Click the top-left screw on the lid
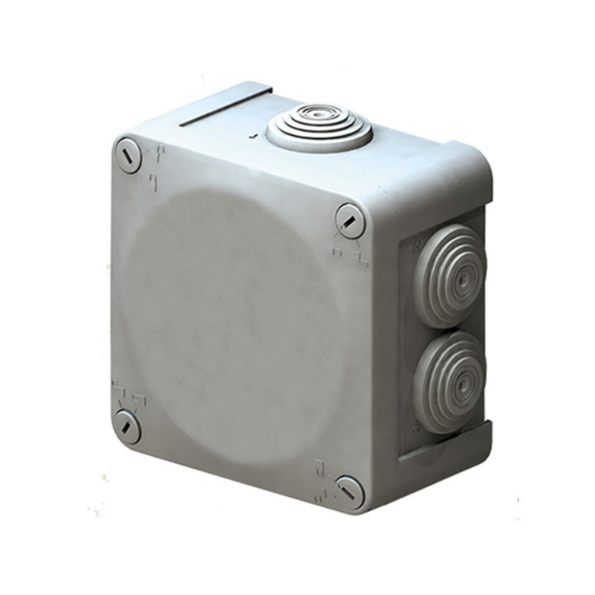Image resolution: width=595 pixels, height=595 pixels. [x=128, y=156]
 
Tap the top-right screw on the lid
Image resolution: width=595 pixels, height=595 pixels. [x=350, y=220]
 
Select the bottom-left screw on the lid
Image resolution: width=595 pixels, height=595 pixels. [x=127, y=427]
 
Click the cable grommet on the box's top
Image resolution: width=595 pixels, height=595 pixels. [x=319, y=128]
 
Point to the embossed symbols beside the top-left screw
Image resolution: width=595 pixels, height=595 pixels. [x=157, y=167]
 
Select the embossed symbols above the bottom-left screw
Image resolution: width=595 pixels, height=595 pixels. [x=127, y=393]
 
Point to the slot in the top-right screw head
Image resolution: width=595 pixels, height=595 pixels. [x=350, y=220]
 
